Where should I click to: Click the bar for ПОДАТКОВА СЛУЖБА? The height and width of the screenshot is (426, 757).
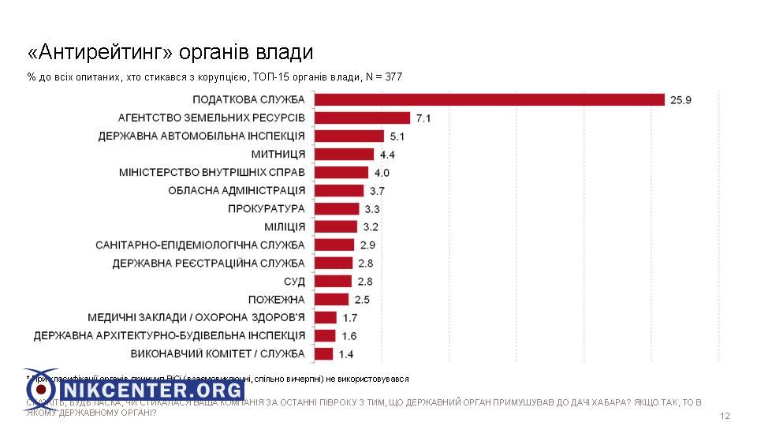(489, 99)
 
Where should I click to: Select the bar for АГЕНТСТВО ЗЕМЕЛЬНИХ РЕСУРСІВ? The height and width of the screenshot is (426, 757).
(362, 118)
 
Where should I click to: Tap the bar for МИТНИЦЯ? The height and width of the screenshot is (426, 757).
(344, 154)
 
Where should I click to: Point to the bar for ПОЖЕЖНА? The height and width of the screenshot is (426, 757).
(331, 299)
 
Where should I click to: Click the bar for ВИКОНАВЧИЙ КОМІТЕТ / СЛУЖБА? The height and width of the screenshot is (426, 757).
(323, 353)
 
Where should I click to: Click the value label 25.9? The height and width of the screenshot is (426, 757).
(681, 100)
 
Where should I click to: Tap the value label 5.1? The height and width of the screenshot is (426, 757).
(398, 136)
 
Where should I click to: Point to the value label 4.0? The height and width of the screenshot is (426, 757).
(382, 173)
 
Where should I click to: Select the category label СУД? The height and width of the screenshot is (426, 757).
(293, 281)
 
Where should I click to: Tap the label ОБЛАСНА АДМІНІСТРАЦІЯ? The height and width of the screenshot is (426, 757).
(237, 190)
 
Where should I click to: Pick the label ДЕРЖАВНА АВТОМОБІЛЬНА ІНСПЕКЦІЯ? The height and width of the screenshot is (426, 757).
(201, 136)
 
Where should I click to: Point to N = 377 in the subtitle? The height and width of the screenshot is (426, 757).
(383, 77)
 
